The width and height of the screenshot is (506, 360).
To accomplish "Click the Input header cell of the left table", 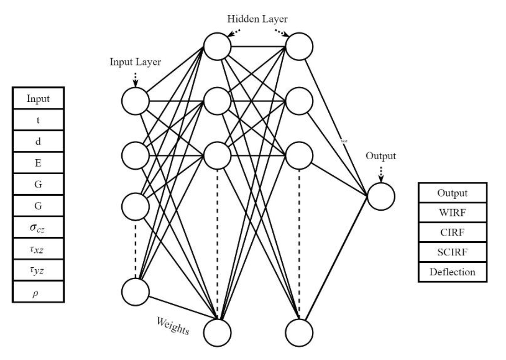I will [38, 99].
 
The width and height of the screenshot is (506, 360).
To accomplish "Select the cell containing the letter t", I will [38, 120].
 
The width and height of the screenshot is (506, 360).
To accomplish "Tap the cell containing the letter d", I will [38, 142].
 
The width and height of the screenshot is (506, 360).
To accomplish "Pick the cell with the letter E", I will [38, 163].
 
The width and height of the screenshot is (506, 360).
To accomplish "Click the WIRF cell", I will [452, 213].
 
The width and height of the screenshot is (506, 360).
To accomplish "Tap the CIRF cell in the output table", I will [452, 233].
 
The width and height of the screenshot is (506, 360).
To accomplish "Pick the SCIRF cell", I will [452, 252].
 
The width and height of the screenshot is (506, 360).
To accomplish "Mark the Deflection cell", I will [452, 272].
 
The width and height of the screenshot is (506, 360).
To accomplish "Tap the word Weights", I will [173, 326].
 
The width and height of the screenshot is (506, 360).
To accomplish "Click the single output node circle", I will [381, 196].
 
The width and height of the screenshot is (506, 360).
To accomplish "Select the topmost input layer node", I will [135, 101].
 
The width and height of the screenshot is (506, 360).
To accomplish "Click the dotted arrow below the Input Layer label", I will [135, 79].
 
